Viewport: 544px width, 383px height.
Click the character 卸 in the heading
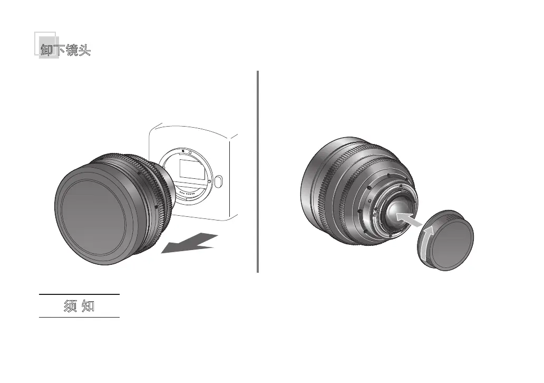point(46,50)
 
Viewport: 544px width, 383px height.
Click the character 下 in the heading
point(60,50)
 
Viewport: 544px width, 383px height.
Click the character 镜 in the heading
point(72,50)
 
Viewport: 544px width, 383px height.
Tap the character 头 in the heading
point(85,50)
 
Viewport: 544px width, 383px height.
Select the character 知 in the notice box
point(88,306)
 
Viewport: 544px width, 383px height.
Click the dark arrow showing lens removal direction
point(190,243)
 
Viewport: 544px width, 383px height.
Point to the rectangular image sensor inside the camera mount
point(192,170)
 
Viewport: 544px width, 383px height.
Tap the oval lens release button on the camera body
point(218,181)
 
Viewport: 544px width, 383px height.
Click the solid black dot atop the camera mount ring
point(183,151)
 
